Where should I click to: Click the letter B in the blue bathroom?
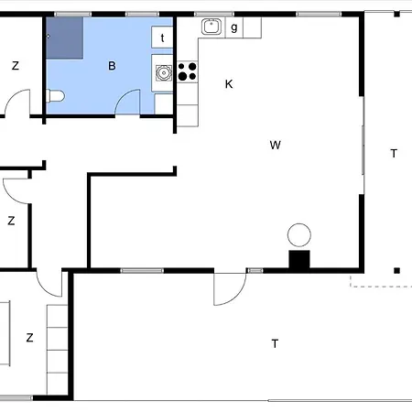[x=112, y=65]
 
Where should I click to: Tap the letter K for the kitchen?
[x=229, y=84]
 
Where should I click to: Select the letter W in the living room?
[x=275, y=145]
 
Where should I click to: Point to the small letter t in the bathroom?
[x=163, y=38]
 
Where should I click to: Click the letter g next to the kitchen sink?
[x=234, y=27]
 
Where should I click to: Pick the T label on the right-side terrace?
[x=394, y=154]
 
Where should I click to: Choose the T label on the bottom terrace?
[x=275, y=343]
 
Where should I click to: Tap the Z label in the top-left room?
[x=15, y=65]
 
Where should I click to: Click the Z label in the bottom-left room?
[x=29, y=338]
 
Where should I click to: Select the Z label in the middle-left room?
[x=11, y=221]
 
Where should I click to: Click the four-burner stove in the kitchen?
[x=188, y=70]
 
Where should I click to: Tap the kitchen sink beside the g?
[x=211, y=27]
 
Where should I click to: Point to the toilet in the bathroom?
[x=57, y=96]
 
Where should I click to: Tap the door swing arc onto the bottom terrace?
[x=228, y=291]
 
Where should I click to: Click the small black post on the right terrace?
[x=397, y=270]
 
